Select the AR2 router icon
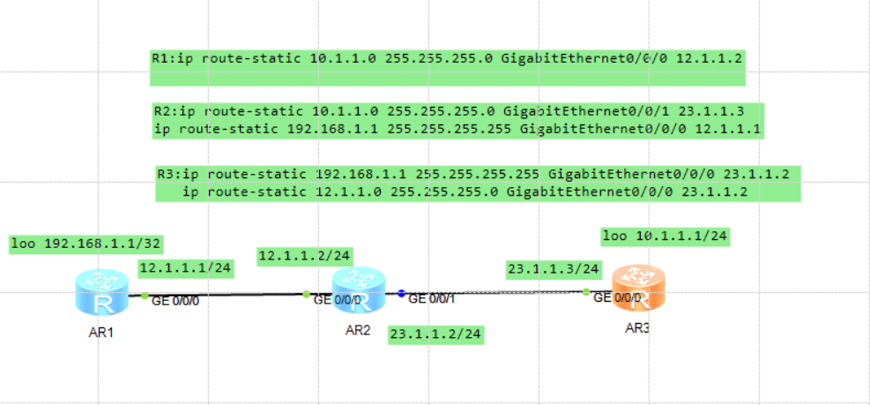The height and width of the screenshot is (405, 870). [358, 289]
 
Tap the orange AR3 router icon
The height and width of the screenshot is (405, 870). [638, 289]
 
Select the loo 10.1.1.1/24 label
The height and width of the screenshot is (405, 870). [665, 236]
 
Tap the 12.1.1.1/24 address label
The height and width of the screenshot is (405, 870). [185, 267]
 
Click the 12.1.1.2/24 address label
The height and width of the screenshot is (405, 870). [304, 256]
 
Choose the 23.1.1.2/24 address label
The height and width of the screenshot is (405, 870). [436, 334]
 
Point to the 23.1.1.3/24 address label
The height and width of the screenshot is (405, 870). [553, 268]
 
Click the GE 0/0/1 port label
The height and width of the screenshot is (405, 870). [432, 299]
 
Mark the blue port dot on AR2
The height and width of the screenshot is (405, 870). [400, 293]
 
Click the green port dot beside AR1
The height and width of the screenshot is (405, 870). [145, 296]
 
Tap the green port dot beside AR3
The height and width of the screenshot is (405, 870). [585, 291]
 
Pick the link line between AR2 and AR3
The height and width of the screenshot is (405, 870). [494, 292]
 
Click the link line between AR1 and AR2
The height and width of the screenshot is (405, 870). [225, 295]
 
